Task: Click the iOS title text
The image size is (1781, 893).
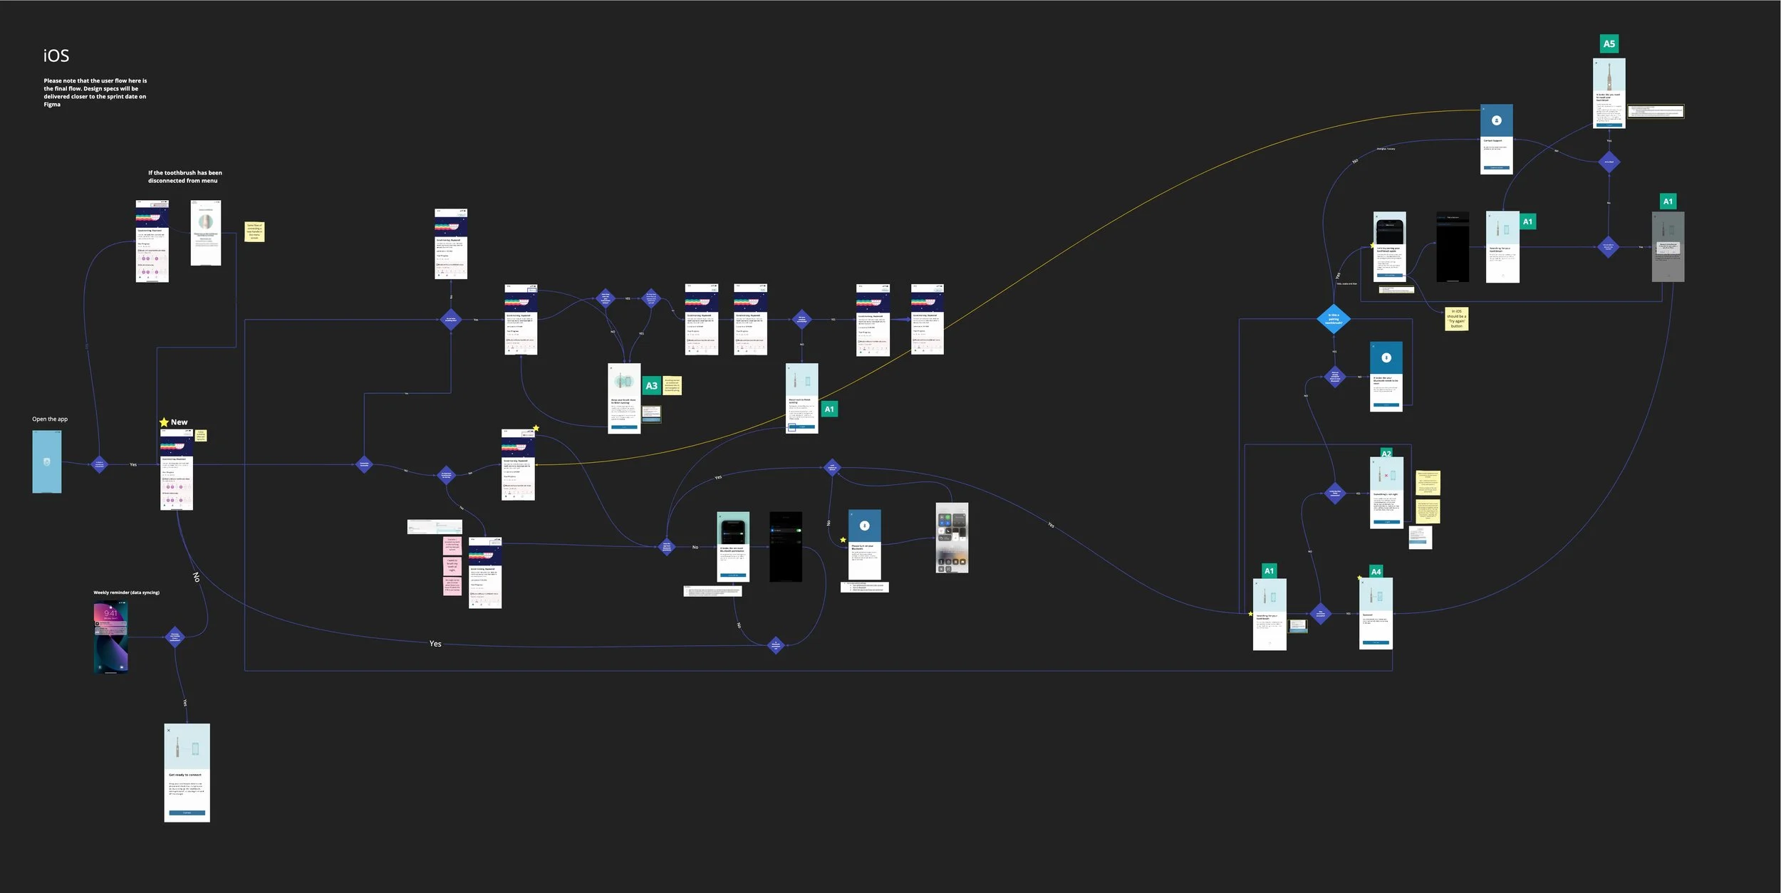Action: point(56,56)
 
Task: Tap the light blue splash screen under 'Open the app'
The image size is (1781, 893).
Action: point(47,461)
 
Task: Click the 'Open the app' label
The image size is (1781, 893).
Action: point(50,419)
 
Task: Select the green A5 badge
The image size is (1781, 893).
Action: point(1609,44)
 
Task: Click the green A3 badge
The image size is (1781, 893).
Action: point(651,386)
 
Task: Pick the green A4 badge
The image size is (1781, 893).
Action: point(1376,572)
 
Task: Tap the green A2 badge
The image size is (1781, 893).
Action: point(1386,454)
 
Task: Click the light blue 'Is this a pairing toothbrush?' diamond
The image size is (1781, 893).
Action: point(1334,319)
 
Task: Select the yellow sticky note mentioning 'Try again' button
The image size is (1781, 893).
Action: point(1457,318)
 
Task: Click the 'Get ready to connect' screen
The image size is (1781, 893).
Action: point(187,773)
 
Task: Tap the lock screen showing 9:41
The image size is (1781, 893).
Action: point(111,637)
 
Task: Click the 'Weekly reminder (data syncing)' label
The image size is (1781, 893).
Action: point(127,592)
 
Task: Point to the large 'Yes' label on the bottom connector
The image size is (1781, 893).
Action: point(435,644)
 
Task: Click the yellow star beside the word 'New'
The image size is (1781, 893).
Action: point(164,422)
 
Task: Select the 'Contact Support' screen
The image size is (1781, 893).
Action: point(1496,140)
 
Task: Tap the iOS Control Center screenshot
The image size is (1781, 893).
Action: point(952,538)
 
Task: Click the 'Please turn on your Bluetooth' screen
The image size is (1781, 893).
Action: point(864,545)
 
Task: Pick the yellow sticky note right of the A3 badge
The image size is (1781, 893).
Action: point(672,385)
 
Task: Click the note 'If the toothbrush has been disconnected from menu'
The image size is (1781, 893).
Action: point(185,177)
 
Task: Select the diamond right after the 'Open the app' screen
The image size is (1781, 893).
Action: point(100,464)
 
